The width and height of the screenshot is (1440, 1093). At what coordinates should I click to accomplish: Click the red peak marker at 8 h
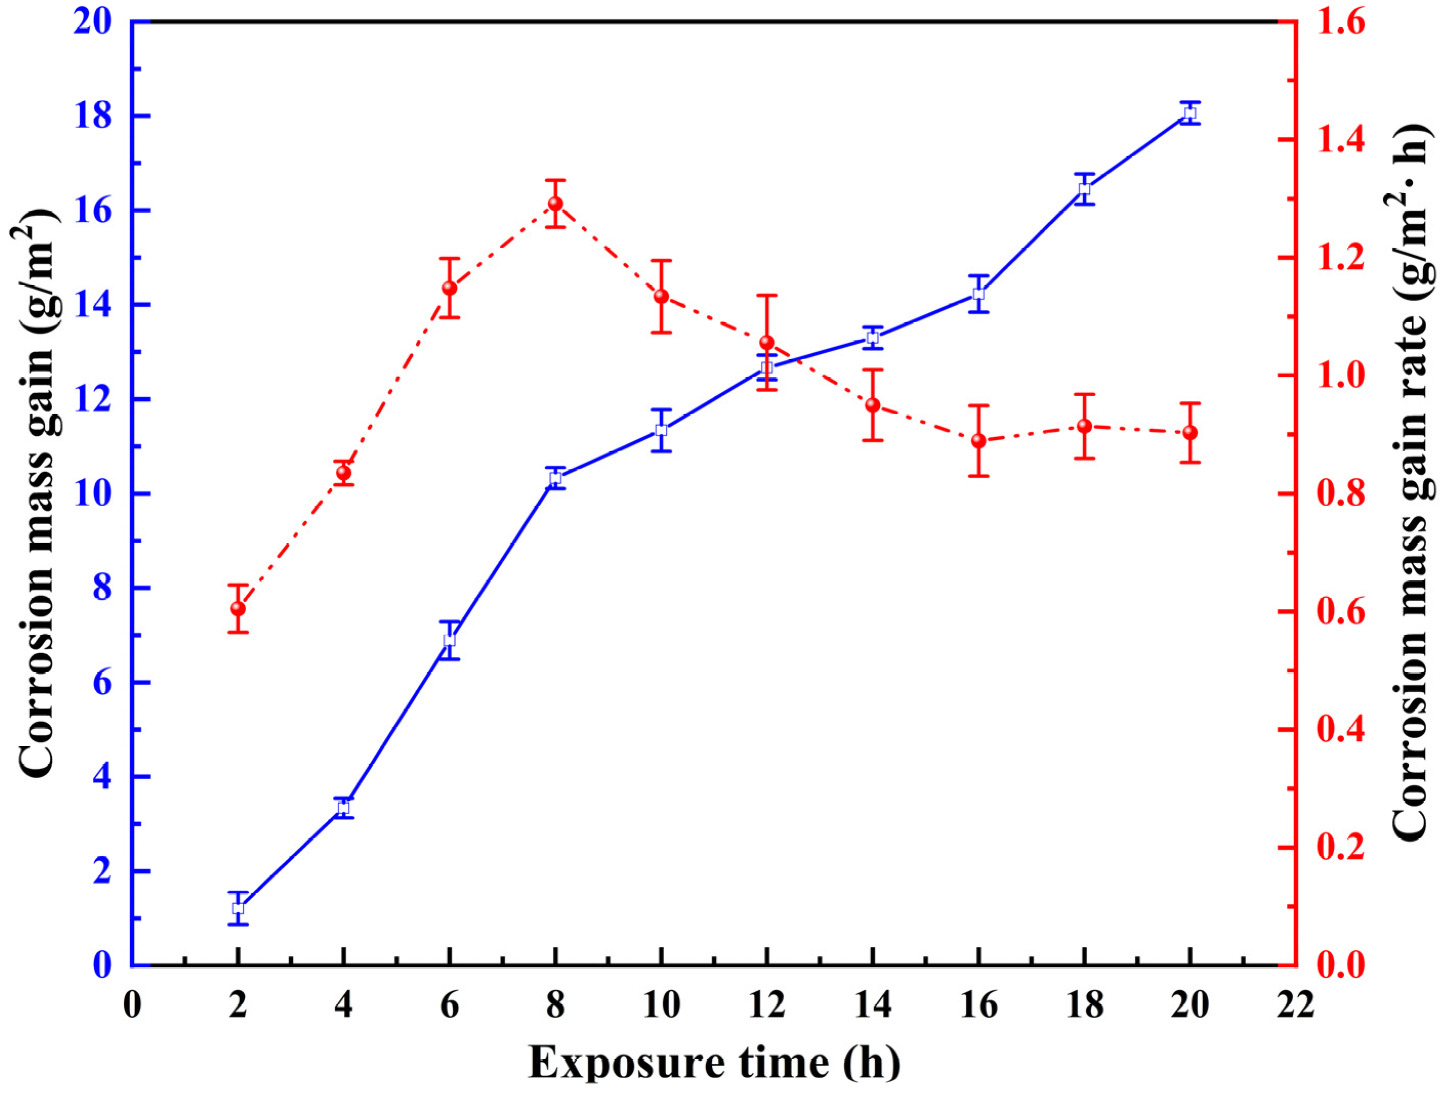coord(555,204)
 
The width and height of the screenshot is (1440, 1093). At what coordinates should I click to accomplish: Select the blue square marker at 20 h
coord(1190,113)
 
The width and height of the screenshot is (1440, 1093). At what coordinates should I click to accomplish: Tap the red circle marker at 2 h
coord(238,609)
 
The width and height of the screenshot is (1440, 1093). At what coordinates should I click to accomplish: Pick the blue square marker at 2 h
coord(238,908)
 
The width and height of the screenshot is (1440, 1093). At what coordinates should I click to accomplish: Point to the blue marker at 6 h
coord(449,640)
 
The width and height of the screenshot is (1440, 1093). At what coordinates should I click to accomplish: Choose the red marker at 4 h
coord(344,473)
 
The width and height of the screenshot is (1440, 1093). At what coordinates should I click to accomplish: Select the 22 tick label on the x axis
coord(1296,1005)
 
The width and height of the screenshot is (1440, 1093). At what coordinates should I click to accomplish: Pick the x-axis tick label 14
coord(872,1005)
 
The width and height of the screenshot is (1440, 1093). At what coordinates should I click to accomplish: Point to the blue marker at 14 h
coord(872,338)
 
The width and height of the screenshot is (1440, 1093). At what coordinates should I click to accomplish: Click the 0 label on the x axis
coord(132,1005)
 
